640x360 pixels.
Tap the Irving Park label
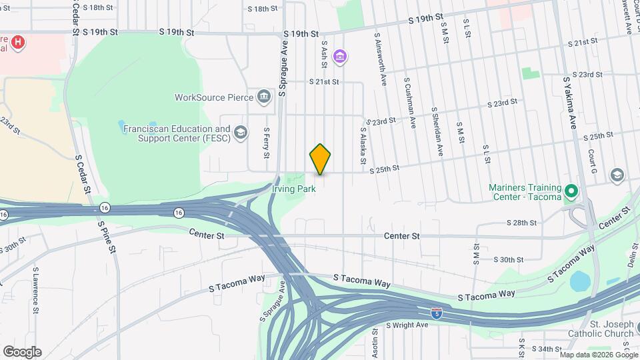[x=293, y=189]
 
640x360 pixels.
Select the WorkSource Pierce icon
[x=264, y=97]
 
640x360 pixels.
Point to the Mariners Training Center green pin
[x=571, y=192]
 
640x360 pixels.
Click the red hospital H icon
[x=18, y=43]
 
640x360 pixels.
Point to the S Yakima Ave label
[x=570, y=102]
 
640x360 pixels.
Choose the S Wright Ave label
[x=407, y=325]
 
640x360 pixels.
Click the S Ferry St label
[x=266, y=143]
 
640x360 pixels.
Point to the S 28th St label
[x=521, y=223]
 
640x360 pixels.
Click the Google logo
[x=22, y=351]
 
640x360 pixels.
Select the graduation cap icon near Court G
[x=617, y=175]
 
